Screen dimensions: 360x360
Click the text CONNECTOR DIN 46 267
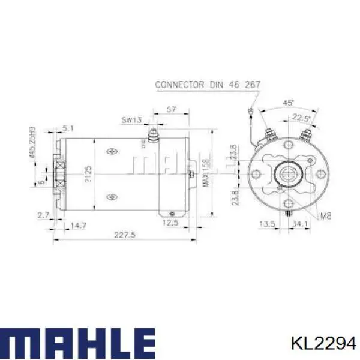point(207,85)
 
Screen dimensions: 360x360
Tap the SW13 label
point(131,120)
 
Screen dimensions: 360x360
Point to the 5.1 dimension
point(68,127)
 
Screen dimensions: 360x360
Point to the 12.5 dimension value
point(172,223)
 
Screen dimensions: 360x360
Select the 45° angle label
point(288,103)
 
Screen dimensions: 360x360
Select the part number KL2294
point(323,343)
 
